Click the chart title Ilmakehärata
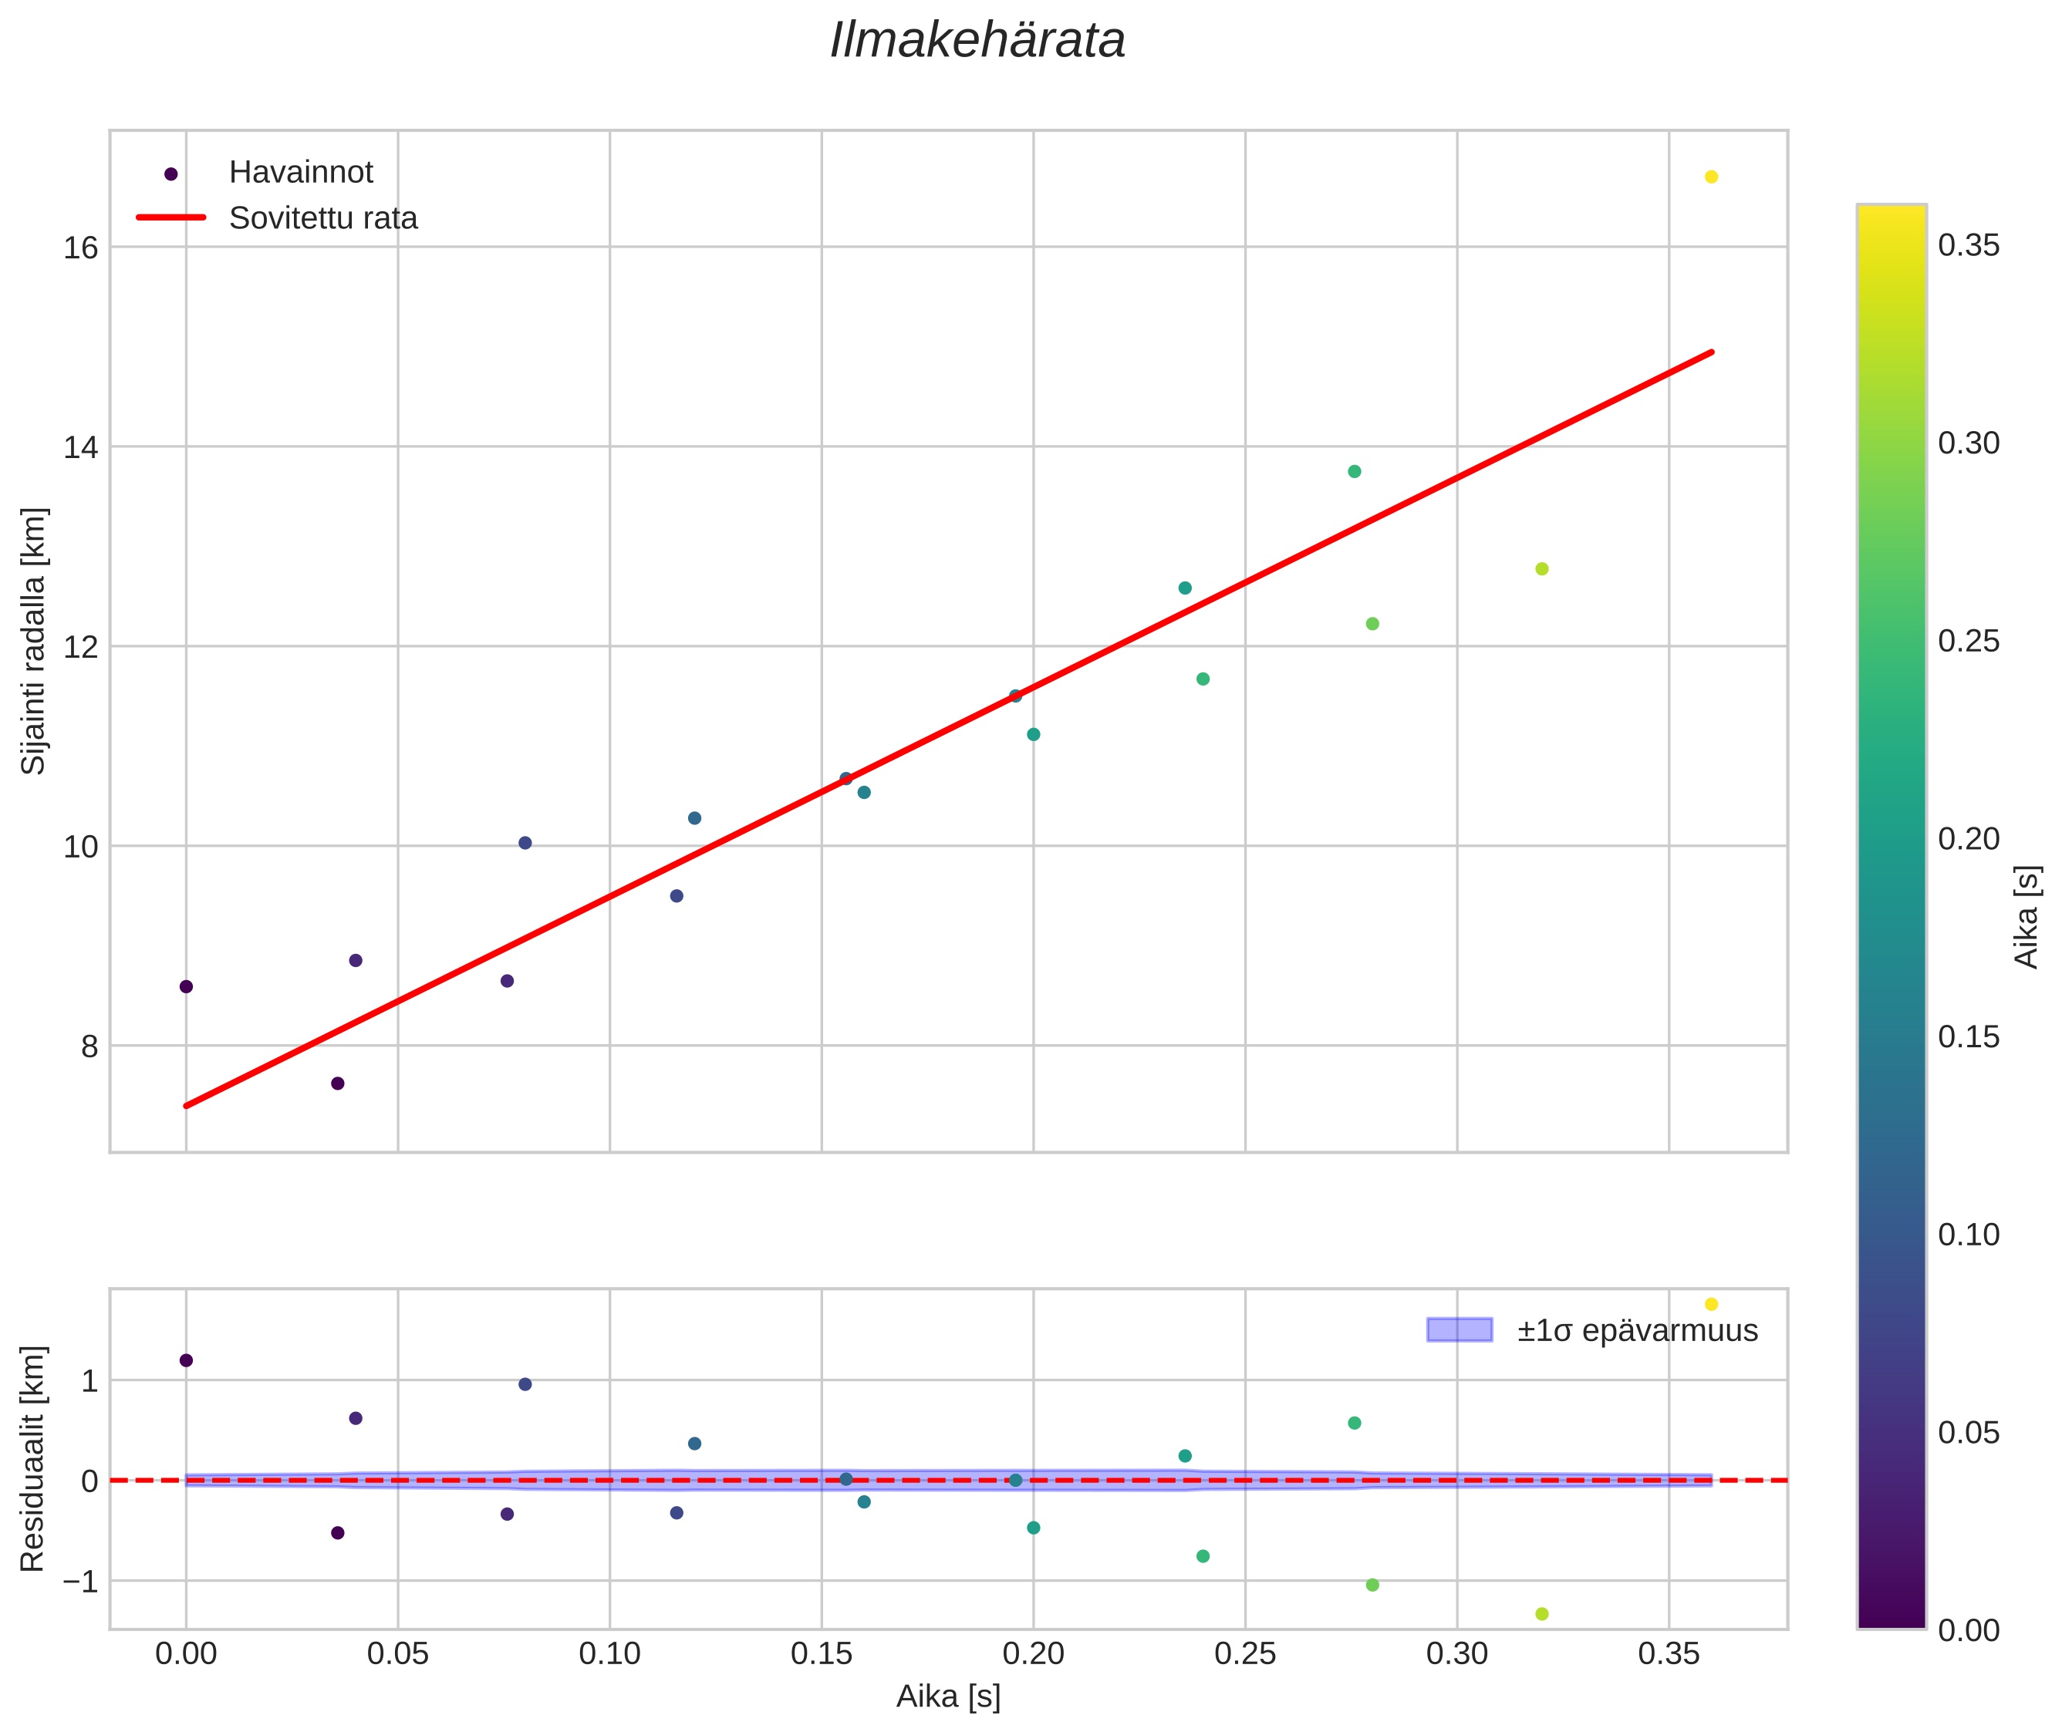tap(977, 41)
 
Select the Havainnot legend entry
tap(301, 173)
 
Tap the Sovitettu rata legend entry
tap(323, 218)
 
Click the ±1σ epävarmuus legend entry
tap(1637, 1330)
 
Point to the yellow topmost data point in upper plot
tap(1711, 177)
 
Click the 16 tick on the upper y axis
tap(80, 248)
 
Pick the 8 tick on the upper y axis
tap(89, 1046)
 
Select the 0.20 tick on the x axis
tap(1034, 1654)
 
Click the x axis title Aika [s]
tap(948, 1697)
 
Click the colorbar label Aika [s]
tap(2027, 916)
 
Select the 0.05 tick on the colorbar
tap(1969, 1433)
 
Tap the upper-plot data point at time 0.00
tap(186, 987)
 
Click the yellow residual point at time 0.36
tap(1711, 1304)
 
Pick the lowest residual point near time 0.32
tap(1542, 1614)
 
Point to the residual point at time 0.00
tap(186, 1360)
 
